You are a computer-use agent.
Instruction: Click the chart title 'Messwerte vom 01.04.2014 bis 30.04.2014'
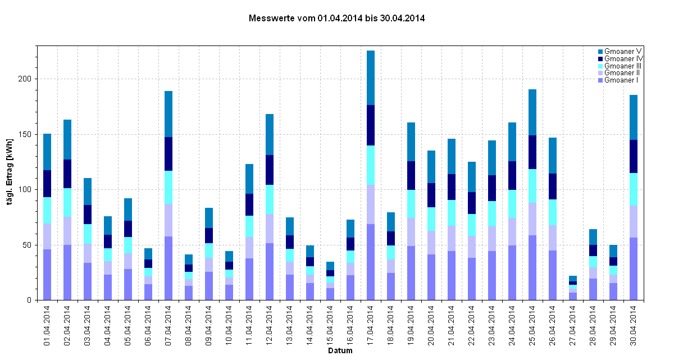336,18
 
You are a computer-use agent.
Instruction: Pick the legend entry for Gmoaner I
622,80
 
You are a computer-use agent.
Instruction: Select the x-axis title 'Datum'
340,351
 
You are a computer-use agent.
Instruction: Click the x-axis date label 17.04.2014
371,324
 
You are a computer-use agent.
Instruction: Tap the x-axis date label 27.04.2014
573,324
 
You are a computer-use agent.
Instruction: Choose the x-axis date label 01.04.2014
47,324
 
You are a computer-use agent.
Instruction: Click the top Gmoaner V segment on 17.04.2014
371,78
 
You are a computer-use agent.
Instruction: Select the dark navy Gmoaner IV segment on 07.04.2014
168,154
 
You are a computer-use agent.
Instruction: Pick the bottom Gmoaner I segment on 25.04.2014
532,267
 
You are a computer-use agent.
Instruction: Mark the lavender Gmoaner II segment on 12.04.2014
270,229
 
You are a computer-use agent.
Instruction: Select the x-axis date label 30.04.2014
634,324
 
